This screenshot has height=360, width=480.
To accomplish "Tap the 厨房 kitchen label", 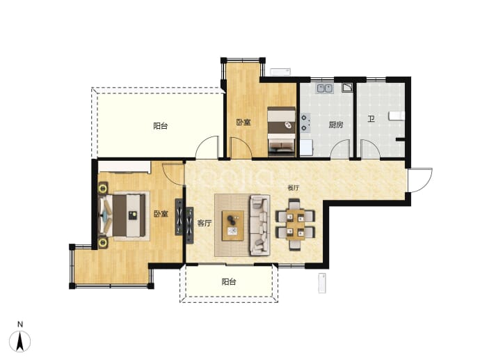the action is (x=336, y=125).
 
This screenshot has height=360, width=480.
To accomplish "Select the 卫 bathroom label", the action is (x=371, y=118).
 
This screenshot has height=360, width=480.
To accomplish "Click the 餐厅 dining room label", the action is (x=294, y=188).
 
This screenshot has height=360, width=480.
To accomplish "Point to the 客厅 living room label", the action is (x=205, y=223).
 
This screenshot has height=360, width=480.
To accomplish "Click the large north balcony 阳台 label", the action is (x=161, y=126).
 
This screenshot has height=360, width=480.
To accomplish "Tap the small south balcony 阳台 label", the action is (x=229, y=281).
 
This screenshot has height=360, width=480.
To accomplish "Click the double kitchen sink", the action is (x=324, y=88).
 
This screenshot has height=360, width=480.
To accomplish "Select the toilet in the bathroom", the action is (x=396, y=116).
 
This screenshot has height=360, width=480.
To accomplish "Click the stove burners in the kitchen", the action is (x=305, y=123).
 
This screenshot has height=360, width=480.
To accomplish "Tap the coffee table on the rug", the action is (x=233, y=226).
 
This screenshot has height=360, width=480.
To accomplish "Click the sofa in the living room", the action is (x=260, y=225).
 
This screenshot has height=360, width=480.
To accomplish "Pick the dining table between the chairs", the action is (x=296, y=224).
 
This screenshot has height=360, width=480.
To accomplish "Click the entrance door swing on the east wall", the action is (x=420, y=180).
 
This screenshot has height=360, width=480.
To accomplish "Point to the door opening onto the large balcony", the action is (x=207, y=148).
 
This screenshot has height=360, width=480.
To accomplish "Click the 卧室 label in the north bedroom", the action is (x=243, y=123).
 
